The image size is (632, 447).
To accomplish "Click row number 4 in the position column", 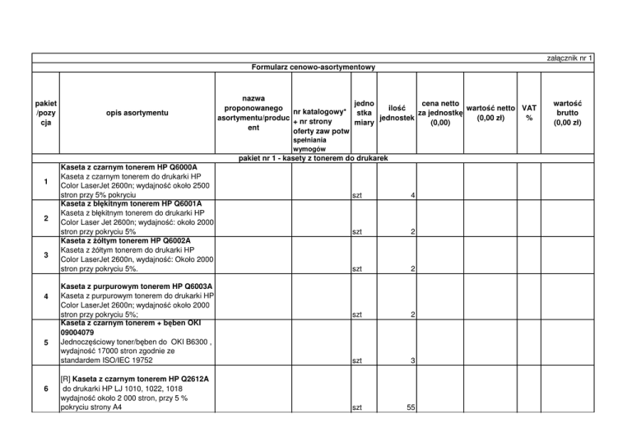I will click(46, 296).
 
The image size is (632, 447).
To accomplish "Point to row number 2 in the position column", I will click(46, 218).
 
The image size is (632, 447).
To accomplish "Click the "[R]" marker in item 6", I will click(67, 378).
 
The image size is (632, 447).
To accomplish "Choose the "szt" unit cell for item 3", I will click(356, 269).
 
